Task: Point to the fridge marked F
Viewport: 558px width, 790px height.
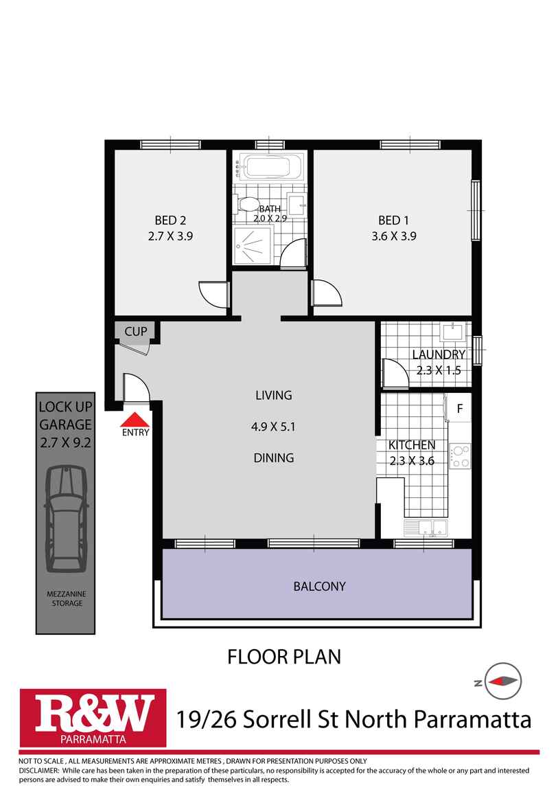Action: (x=460, y=408)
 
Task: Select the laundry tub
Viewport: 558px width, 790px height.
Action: (x=453, y=332)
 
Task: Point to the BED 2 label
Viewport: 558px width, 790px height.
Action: (x=170, y=221)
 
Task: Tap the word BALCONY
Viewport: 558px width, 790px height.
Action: (x=319, y=587)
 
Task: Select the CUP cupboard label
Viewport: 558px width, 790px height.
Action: (x=135, y=332)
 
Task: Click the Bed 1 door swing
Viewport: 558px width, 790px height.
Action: (x=325, y=293)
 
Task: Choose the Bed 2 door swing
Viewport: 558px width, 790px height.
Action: (x=213, y=293)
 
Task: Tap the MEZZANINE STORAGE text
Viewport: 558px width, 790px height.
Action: (x=65, y=598)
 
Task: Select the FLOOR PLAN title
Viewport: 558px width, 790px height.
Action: (x=283, y=657)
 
